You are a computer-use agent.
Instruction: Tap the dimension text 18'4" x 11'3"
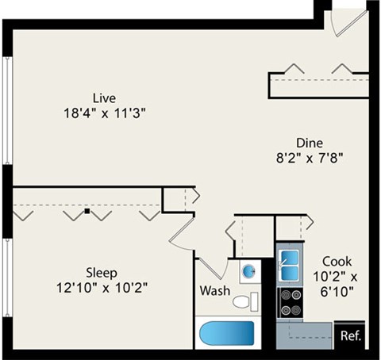click(104, 113)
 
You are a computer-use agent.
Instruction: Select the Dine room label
click(309, 143)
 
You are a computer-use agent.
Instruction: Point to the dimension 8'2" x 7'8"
click(309, 157)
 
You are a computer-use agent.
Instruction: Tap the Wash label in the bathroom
click(214, 291)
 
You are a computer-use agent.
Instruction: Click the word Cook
click(337, 261)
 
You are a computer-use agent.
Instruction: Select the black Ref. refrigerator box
click(350, 335)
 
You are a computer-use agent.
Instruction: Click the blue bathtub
click(228, 334)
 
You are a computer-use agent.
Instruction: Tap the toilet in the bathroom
click(244, 301)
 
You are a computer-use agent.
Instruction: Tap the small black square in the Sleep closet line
click(87, 212)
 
